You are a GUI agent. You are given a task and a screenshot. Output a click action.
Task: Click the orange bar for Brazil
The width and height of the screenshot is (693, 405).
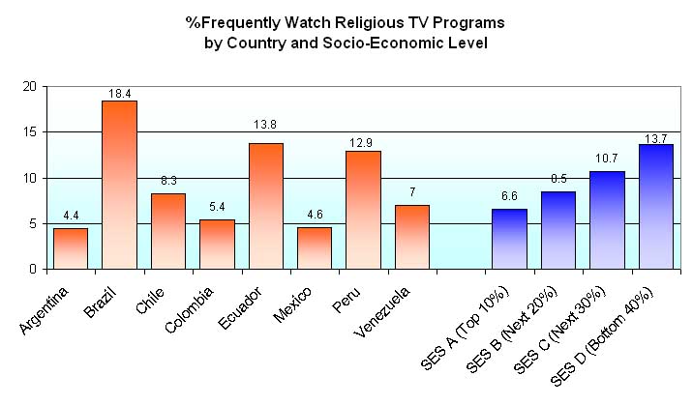(x=119, y=185)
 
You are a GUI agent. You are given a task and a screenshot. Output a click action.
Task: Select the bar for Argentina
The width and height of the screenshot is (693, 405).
(x=71, y=248)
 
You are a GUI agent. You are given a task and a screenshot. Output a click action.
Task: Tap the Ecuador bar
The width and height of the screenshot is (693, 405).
(x=265, y=206)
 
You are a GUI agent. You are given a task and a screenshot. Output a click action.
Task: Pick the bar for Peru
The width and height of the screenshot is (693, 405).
(x=363, y=210)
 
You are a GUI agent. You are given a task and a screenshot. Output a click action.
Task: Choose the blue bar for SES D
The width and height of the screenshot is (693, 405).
(x=655, y=206)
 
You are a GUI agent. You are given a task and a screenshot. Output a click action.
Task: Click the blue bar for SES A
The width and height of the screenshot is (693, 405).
(x=509, y=239)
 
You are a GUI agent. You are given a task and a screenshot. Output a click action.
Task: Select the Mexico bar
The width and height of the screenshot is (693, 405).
(x=315, y=247)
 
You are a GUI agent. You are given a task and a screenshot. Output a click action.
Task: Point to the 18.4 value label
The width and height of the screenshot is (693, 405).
(x=119, y=94)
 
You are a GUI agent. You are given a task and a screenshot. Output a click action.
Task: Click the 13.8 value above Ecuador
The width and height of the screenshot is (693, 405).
(x=265, y=125)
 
